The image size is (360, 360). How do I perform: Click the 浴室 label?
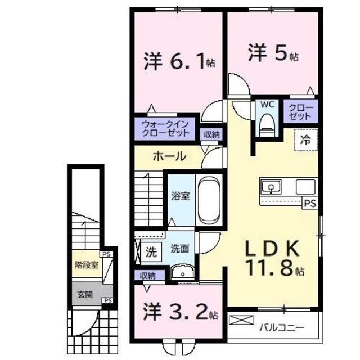pyautogui.click(x=181, y=197)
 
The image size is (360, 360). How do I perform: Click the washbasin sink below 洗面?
pyautogui.click(x=181, y=274)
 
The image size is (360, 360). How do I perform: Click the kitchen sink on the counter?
pyautogui.click(x=271, y=187)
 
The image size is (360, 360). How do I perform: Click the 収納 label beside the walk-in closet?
pyautogui.click(x=211, y=134)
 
